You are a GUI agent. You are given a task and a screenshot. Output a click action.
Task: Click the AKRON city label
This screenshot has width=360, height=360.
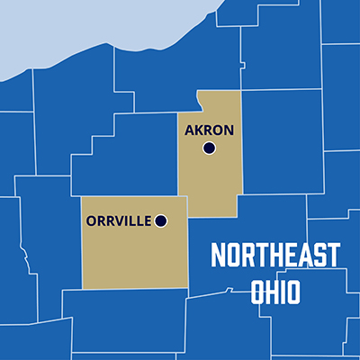209,130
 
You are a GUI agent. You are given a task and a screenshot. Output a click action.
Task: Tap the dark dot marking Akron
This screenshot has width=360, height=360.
210,148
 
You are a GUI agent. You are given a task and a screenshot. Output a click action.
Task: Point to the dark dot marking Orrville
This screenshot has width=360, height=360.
161,220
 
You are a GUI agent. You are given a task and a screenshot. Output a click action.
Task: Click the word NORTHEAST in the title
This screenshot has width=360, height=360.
274,256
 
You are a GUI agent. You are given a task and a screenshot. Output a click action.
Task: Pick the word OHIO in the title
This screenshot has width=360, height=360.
275,293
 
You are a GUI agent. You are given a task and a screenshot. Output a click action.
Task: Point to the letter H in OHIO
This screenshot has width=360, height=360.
269,293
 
